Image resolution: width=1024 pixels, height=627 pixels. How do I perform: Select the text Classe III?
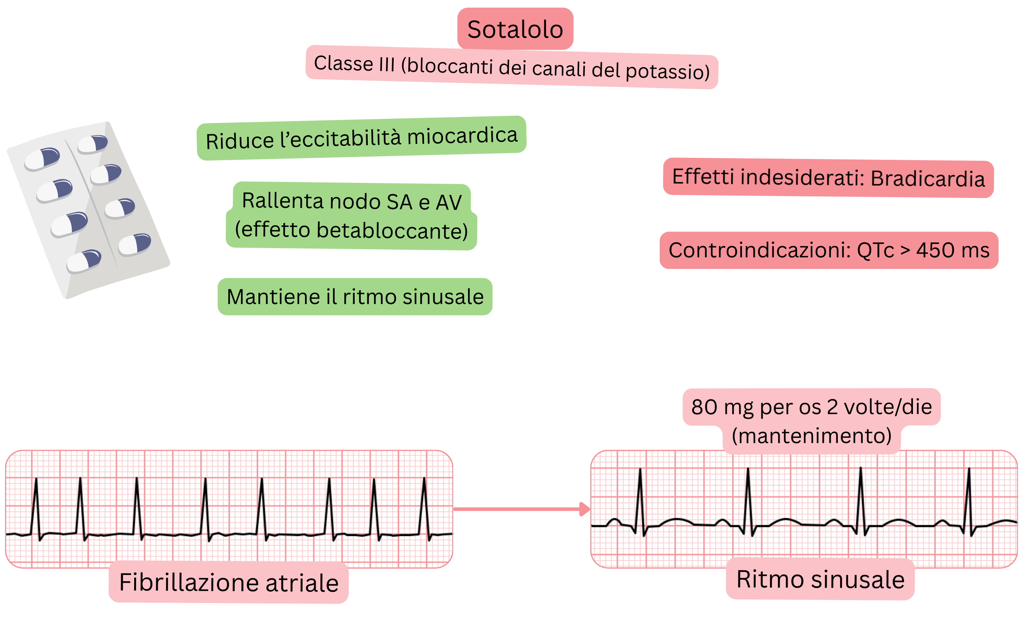pyautogui.click(x=354, y=64)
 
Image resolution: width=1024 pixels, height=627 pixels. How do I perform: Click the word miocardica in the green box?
pyautogui.click(x=462, y=136)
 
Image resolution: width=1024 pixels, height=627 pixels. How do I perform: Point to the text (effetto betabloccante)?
pyautogui.click(x=351, y=230)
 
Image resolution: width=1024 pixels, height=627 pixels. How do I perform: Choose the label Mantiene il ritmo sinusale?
pyautogui.click(x=355, y=296)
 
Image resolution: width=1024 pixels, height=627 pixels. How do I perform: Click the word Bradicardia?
pyautogui.click(x=928, y=179)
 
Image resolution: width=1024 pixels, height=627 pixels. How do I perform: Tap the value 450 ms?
pyautogui.click(x=953, y=250)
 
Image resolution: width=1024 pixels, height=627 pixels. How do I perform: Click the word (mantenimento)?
pyautogui.click(x=811, y=436)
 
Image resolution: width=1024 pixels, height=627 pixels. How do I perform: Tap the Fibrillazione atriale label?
pyautogui.click(x=229, y=582)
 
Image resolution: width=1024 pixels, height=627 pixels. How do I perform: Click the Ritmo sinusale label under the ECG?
pyautogui.click(x=820, y=579)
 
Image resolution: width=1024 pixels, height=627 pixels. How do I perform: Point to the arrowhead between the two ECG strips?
pyautogui.click(x=585, y=509)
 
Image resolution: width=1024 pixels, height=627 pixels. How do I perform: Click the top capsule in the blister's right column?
pyautogui.click(x=93, y=144)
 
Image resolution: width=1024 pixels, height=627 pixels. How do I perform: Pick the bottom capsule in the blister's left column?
pyautogui.click(x=84, y=261)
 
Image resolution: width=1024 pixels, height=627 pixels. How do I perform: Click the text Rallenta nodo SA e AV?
pyautogui.click(x=352, y=201)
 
